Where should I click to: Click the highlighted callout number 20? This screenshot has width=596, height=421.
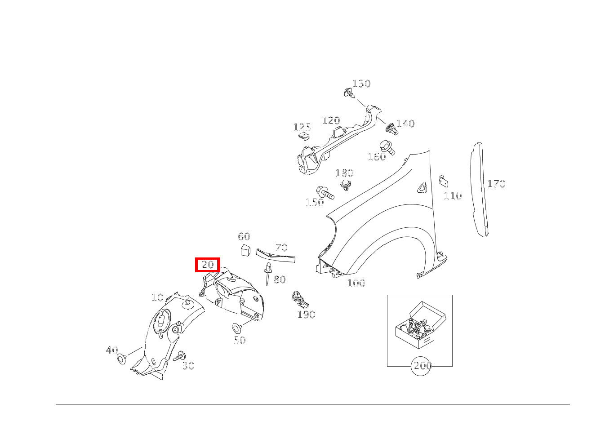coord(207,265)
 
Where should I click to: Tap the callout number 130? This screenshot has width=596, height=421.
coord(361,84)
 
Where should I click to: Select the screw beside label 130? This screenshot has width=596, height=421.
coord(348,93)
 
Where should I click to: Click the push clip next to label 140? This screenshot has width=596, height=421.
coord(391,129)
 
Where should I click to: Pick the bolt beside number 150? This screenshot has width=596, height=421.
coord(325,193)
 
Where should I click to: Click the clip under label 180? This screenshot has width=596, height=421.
coord(345,185)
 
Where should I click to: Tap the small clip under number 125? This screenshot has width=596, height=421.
coord(306,137)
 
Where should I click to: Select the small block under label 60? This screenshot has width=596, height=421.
coord(245,250)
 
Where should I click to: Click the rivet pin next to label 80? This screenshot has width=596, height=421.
coord(268,272)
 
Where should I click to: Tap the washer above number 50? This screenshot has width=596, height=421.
coord(237,327)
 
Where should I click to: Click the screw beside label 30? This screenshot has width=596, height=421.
coord(180,356)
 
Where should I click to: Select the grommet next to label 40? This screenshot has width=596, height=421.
coord(121,359)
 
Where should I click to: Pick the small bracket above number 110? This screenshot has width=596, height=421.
coord(443,181)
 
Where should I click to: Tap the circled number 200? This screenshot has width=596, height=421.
coord(422,366)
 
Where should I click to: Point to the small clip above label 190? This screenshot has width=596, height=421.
coord(298,297)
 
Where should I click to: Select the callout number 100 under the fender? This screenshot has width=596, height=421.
coord(356,283)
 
